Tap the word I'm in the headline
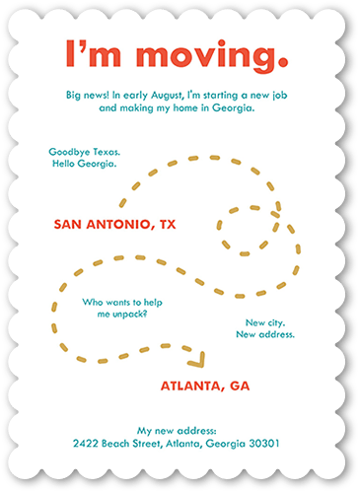(x=92, y=52)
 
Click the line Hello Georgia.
(x=84, y=164)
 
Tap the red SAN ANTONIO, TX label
(x=114, y=225)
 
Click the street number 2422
(x=89, y=444)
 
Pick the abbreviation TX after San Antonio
(x=166, y=225)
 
